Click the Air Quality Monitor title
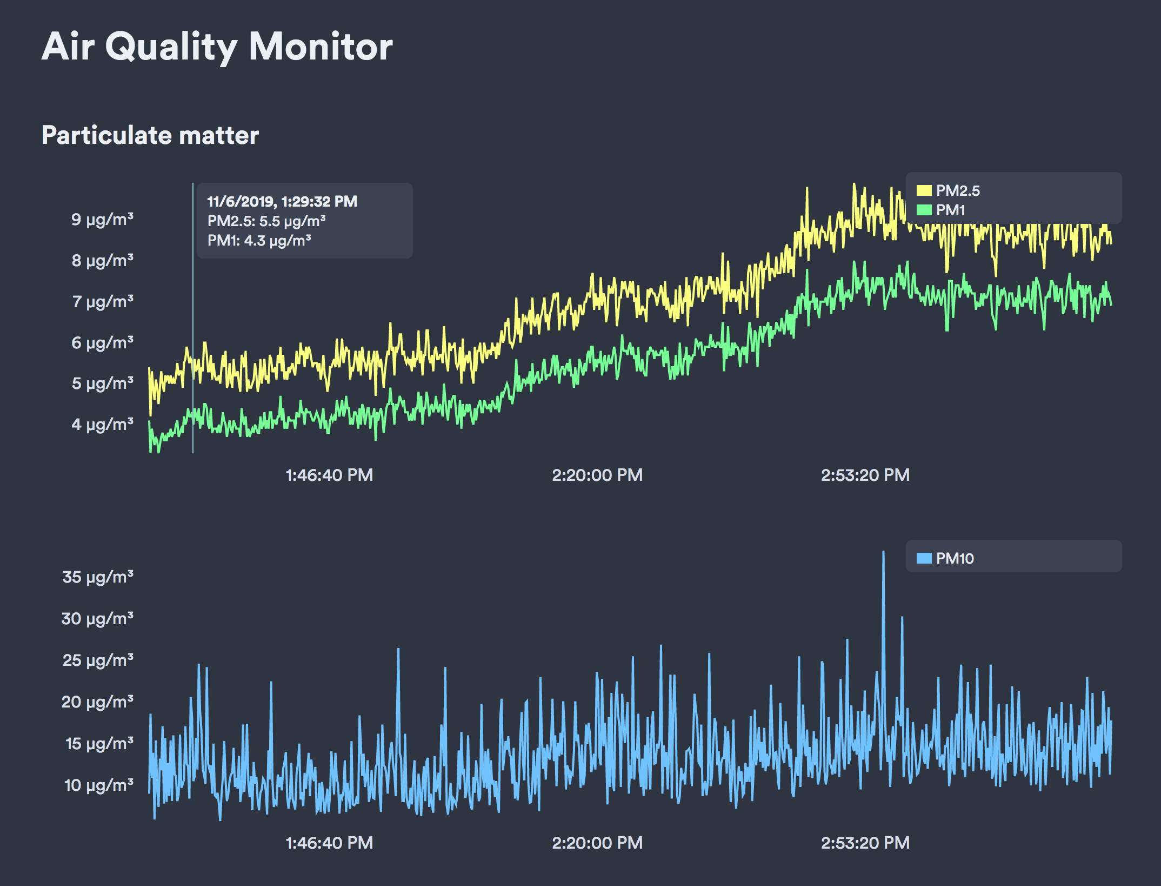coord(217,47)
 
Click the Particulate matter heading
coord(150,135)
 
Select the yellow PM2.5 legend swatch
coord(924,190)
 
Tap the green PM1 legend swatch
coord(924,210)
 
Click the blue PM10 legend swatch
coord(924,558)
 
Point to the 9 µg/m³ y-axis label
coord(102,219)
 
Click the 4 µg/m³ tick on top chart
coord(102,424)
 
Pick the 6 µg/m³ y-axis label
coord(102,342)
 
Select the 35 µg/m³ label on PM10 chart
coord(98,577)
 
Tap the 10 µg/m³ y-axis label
coord(98,785)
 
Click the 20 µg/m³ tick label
coord(97,702)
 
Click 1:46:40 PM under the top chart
coord(329,475)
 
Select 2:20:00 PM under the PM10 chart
coord(597,843)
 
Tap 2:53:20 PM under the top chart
coord(865,475)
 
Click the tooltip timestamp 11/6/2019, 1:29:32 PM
coord(282,202)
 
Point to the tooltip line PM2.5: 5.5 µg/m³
coord(266,221)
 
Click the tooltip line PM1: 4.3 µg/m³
coord(259,241)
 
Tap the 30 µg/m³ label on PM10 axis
coord(97,618)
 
